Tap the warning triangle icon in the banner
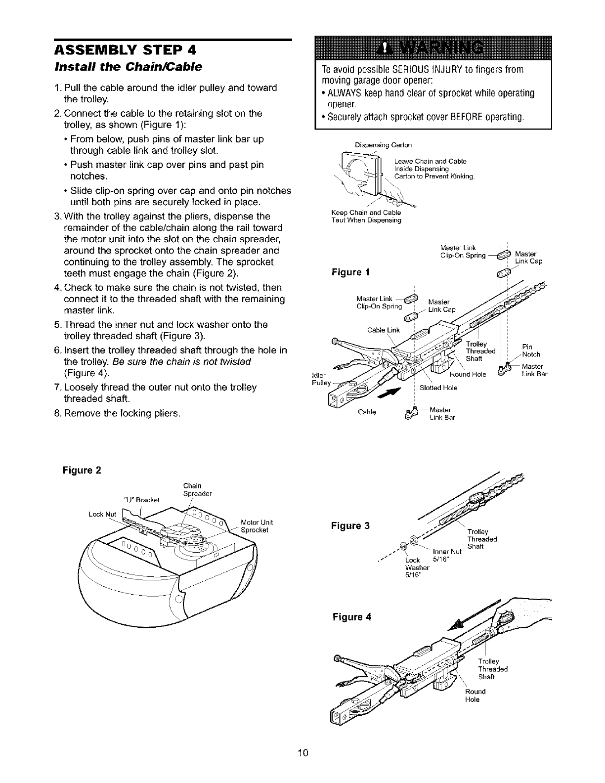tap(383, 47)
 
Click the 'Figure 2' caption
tap(81, 470)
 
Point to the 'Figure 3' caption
tap(349, 525)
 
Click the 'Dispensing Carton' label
tap(383, 145)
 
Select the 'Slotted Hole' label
tap(438, 388)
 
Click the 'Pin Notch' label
tap(531, 350)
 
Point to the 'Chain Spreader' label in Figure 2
tap(197, 489)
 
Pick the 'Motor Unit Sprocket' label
tap(257, 526)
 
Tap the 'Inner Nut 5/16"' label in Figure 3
tap(447, 556)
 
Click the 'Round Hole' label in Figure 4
tap(475, 695)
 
